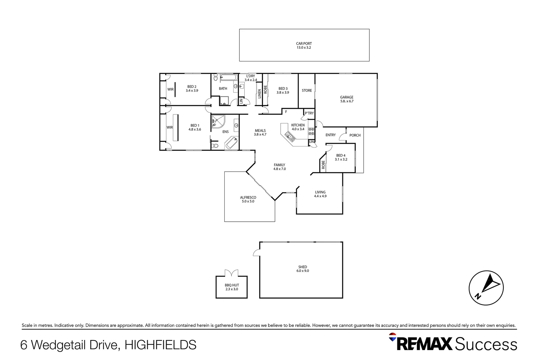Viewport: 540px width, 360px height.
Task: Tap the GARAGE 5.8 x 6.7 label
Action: (347, 99)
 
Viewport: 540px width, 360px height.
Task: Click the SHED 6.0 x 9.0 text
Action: (303, 269)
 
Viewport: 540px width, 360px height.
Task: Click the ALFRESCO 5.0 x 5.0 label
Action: (248, 199)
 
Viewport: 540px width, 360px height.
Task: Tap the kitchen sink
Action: (289, 136)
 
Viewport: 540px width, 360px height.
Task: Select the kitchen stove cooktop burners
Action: (311, 131)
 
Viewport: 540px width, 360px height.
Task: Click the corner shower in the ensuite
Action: (217, 122)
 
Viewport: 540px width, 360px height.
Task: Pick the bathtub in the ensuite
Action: (232, 143)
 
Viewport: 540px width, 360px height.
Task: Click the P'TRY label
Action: (309, 113)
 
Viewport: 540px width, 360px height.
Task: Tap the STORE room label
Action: (307, 91)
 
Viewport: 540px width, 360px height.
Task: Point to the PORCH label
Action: (355, 135)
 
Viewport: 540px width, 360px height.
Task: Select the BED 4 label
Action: (341, 157)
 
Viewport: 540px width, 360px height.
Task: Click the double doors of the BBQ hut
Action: (232, 273)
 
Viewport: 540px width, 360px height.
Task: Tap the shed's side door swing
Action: (256, 253)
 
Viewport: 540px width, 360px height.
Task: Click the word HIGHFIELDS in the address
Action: (160, 345)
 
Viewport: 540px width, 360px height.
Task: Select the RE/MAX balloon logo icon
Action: (393, 337)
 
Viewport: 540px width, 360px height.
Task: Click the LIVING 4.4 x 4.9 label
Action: (320, 194)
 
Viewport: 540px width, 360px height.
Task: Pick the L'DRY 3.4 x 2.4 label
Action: (251, 78)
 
